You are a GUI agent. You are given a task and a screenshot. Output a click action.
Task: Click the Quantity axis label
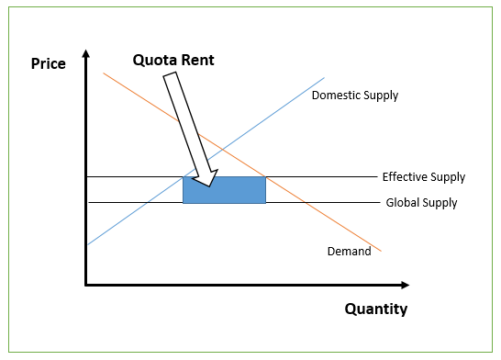pos(375,309)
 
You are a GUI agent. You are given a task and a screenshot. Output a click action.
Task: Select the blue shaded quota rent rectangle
pos(225,189)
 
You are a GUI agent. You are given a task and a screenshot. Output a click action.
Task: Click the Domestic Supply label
pos(355,96)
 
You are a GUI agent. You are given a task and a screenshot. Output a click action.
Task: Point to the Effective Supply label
pos(423,177)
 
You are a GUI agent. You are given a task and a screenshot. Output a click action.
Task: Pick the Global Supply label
pos(421,203)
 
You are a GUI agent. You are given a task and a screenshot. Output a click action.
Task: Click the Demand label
pos(349,252)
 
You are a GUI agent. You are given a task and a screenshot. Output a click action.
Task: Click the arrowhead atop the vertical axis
pos(85,55)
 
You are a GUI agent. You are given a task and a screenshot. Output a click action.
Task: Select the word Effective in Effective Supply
pos(404,177)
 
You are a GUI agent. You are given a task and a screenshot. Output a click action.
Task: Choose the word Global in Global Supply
pos(403,203)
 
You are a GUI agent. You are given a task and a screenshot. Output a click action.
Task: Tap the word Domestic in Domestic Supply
pos(335,96)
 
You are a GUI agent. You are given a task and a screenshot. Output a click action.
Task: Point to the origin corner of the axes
pos(85,285)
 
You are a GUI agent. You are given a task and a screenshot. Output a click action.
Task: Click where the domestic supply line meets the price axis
pos(85,244)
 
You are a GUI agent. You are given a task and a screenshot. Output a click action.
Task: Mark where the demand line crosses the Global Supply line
pos(304,202)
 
